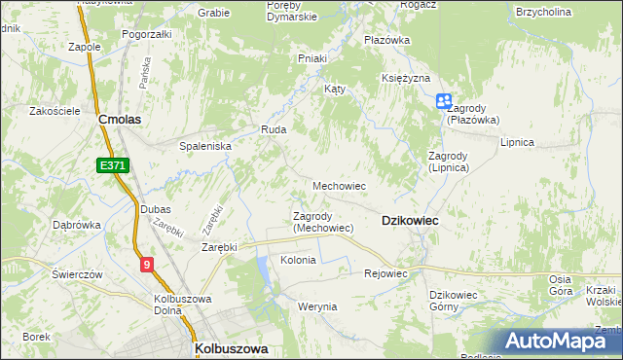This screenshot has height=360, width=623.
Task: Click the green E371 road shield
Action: tap(113, 166)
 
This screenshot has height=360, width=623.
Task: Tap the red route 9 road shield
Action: tap(146, 263)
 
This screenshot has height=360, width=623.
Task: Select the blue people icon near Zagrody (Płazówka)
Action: tap(444, 100)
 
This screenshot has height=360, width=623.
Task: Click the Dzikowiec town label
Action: tap(410, 221)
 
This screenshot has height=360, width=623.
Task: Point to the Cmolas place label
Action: tap(121, 119)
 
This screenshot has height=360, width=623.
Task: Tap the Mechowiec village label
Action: tap(339, 185)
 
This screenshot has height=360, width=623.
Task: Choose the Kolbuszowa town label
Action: tap(232, 347)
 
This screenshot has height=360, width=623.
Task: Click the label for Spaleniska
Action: tap(204, 145)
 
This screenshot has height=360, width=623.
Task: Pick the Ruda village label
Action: tap(271, 128)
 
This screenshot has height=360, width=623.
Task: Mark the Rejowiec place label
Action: tap(385, 273)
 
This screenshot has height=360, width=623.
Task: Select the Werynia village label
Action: tap(317, 306)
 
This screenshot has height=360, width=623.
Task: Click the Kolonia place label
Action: tap(298, 261)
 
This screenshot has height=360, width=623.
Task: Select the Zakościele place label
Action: tap(55, 111)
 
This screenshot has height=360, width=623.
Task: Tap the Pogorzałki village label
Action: tap(147, 33)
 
